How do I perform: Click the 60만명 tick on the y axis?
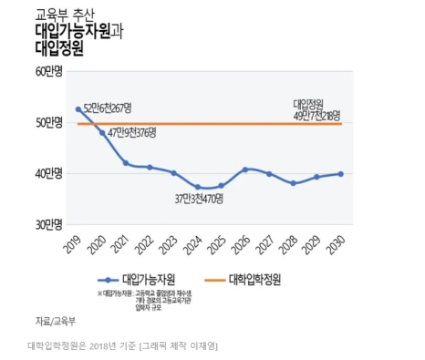pyautogui.click(x=48, y=71)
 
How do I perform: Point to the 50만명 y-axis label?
pyautogui.click(x=48, y=122)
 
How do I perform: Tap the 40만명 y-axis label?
pyautogui.click(x=48, y=173)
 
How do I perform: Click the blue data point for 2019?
pyautogui.click(x=78, y=109)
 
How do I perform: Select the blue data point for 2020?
pyautogui.click(x=102, y=133)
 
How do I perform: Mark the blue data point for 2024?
pyautogui.click(x=198, y=187)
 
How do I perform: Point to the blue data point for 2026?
pyautogui.click(x=245, y=170)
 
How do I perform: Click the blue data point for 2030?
pyautogui.click(x=341, y=173)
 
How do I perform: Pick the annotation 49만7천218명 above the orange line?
pyautogui.click(x=316, y=115)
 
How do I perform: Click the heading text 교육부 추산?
pyautogui.click(x=62, y=15)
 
